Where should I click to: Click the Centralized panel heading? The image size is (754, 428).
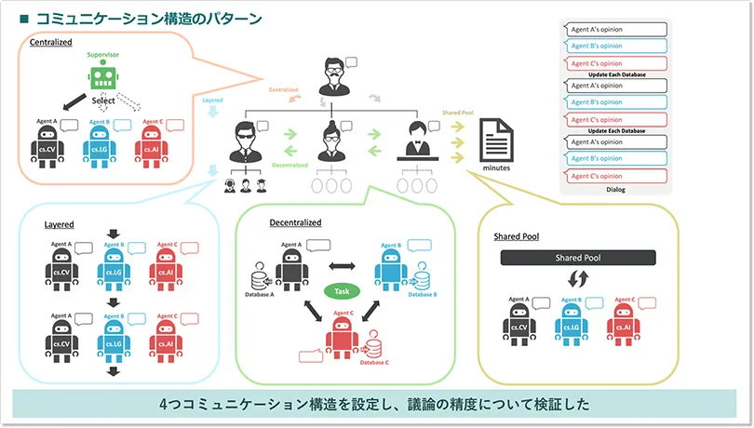[x=51, y=42]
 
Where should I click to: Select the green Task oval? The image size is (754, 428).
[x=343, y=291]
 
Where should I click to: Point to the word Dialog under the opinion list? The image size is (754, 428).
[x=615, y=190]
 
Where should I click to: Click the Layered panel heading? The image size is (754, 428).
[x=59, y=225]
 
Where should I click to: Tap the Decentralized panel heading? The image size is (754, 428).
[x=295, y=223]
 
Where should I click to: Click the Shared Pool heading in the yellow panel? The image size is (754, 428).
[x=516, y=237]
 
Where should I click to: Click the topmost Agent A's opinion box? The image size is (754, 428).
[x=615, y=30]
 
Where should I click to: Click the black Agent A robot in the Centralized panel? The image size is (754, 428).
[x=48, y=145]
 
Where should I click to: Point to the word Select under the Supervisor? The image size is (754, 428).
[x=104, y=100]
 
